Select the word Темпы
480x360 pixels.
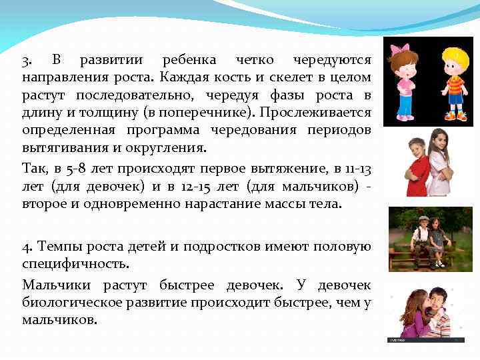(55, 246)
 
